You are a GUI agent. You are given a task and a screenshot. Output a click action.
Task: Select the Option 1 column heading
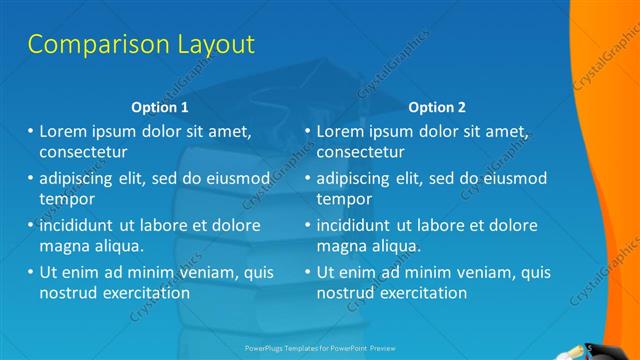(160, 107)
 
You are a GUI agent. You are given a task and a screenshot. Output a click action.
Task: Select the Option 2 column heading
(437, 107)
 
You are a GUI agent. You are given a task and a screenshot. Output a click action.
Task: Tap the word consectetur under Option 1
(83, 152)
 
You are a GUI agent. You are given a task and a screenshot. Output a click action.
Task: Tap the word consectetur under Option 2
(361, 152)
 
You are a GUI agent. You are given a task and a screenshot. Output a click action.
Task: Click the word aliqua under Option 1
(116, 246)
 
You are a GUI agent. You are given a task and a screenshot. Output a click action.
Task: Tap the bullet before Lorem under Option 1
(30, 131)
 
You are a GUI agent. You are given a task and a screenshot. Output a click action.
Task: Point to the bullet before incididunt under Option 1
(30, 225)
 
